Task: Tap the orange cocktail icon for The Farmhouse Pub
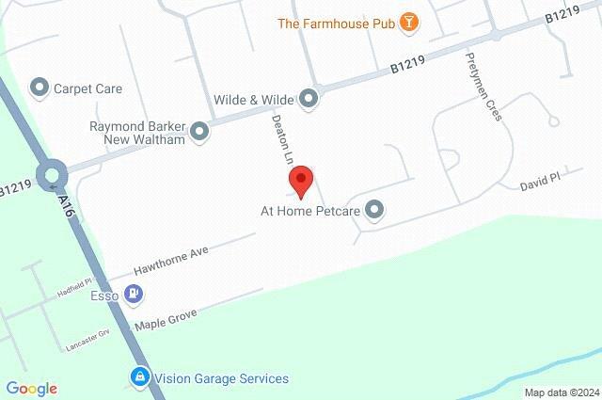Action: (408, 23)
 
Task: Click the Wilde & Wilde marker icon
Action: (309, 97)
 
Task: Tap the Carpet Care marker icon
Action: (40, 88)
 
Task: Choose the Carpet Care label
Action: (88, 88)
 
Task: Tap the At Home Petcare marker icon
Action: (375, 210)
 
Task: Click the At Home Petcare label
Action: (311, 210)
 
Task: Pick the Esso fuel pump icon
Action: (135, 296)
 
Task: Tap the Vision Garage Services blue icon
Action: (139, 378)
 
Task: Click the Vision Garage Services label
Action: (222, 378)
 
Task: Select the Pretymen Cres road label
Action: (483, 88)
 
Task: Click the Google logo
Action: (31, 388)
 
